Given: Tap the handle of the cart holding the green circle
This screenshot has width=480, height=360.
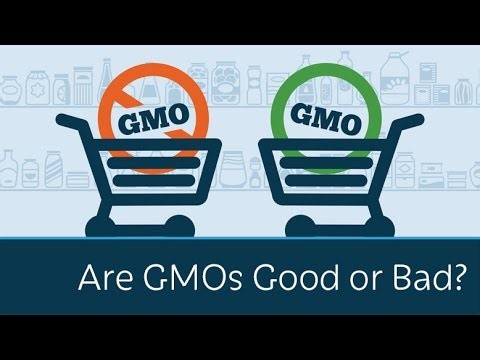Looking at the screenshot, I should (409, 125).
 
